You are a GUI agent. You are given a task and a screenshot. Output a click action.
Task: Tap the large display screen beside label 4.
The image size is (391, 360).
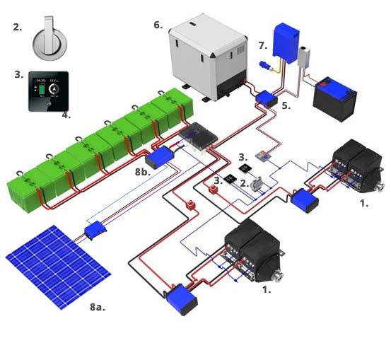(47, 91)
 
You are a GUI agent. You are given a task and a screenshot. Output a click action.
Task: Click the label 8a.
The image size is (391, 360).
(101, 307)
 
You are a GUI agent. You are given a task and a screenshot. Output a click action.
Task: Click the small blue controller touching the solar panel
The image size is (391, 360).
(94, 229)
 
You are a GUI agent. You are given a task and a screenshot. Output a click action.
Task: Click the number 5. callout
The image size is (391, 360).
(285, 105)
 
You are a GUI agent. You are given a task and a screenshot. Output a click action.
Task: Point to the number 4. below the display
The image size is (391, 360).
(66, 115)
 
